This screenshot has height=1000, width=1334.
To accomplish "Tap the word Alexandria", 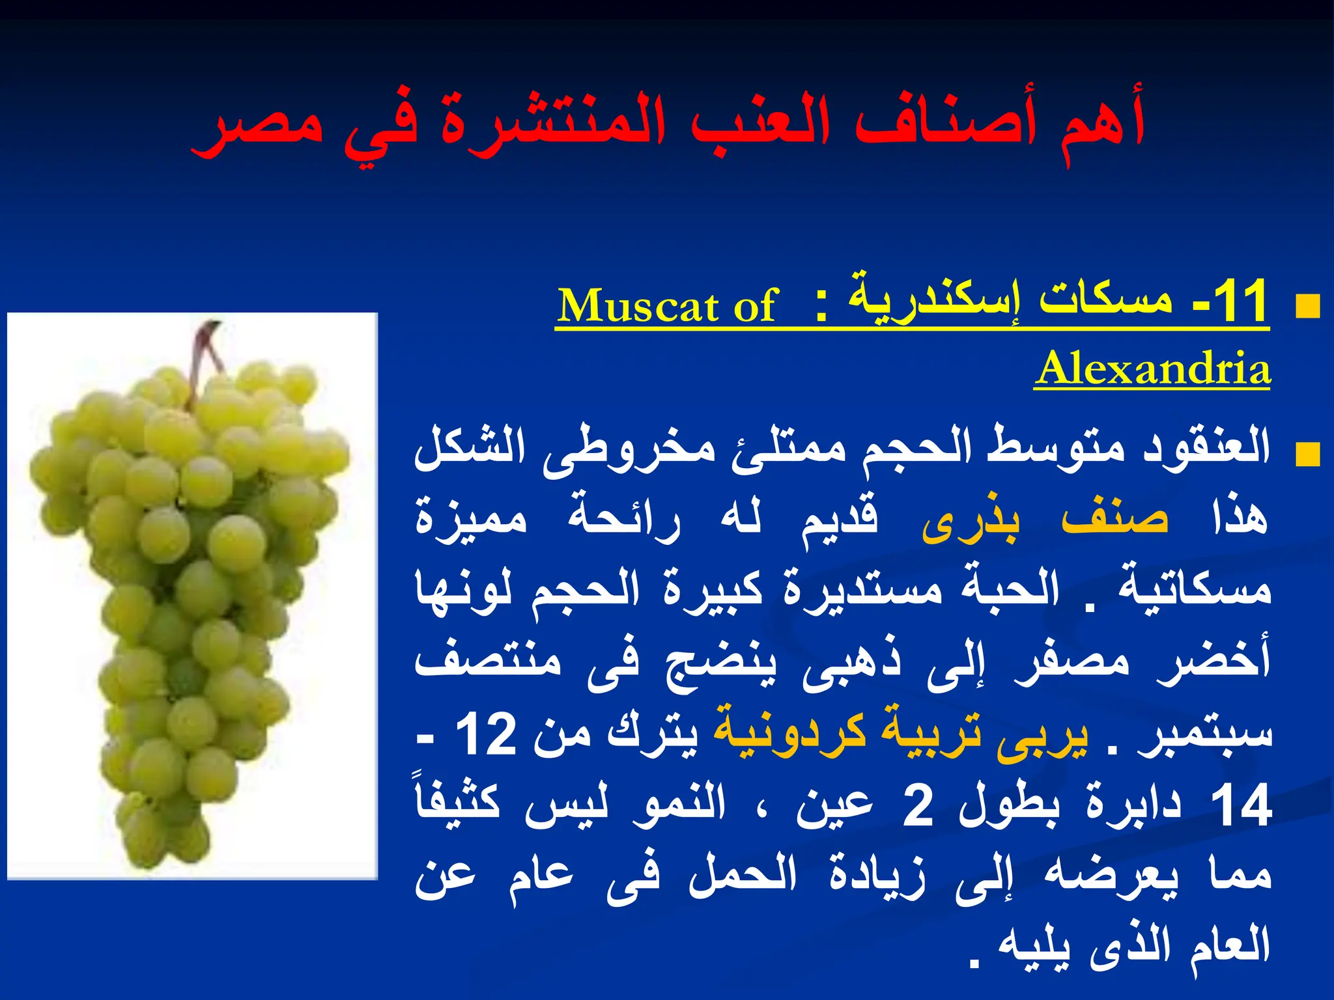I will coord(1152,368).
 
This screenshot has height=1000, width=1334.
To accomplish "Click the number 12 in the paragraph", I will coord(486,734).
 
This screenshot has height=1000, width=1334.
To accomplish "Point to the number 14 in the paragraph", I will coord(1240,805).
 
